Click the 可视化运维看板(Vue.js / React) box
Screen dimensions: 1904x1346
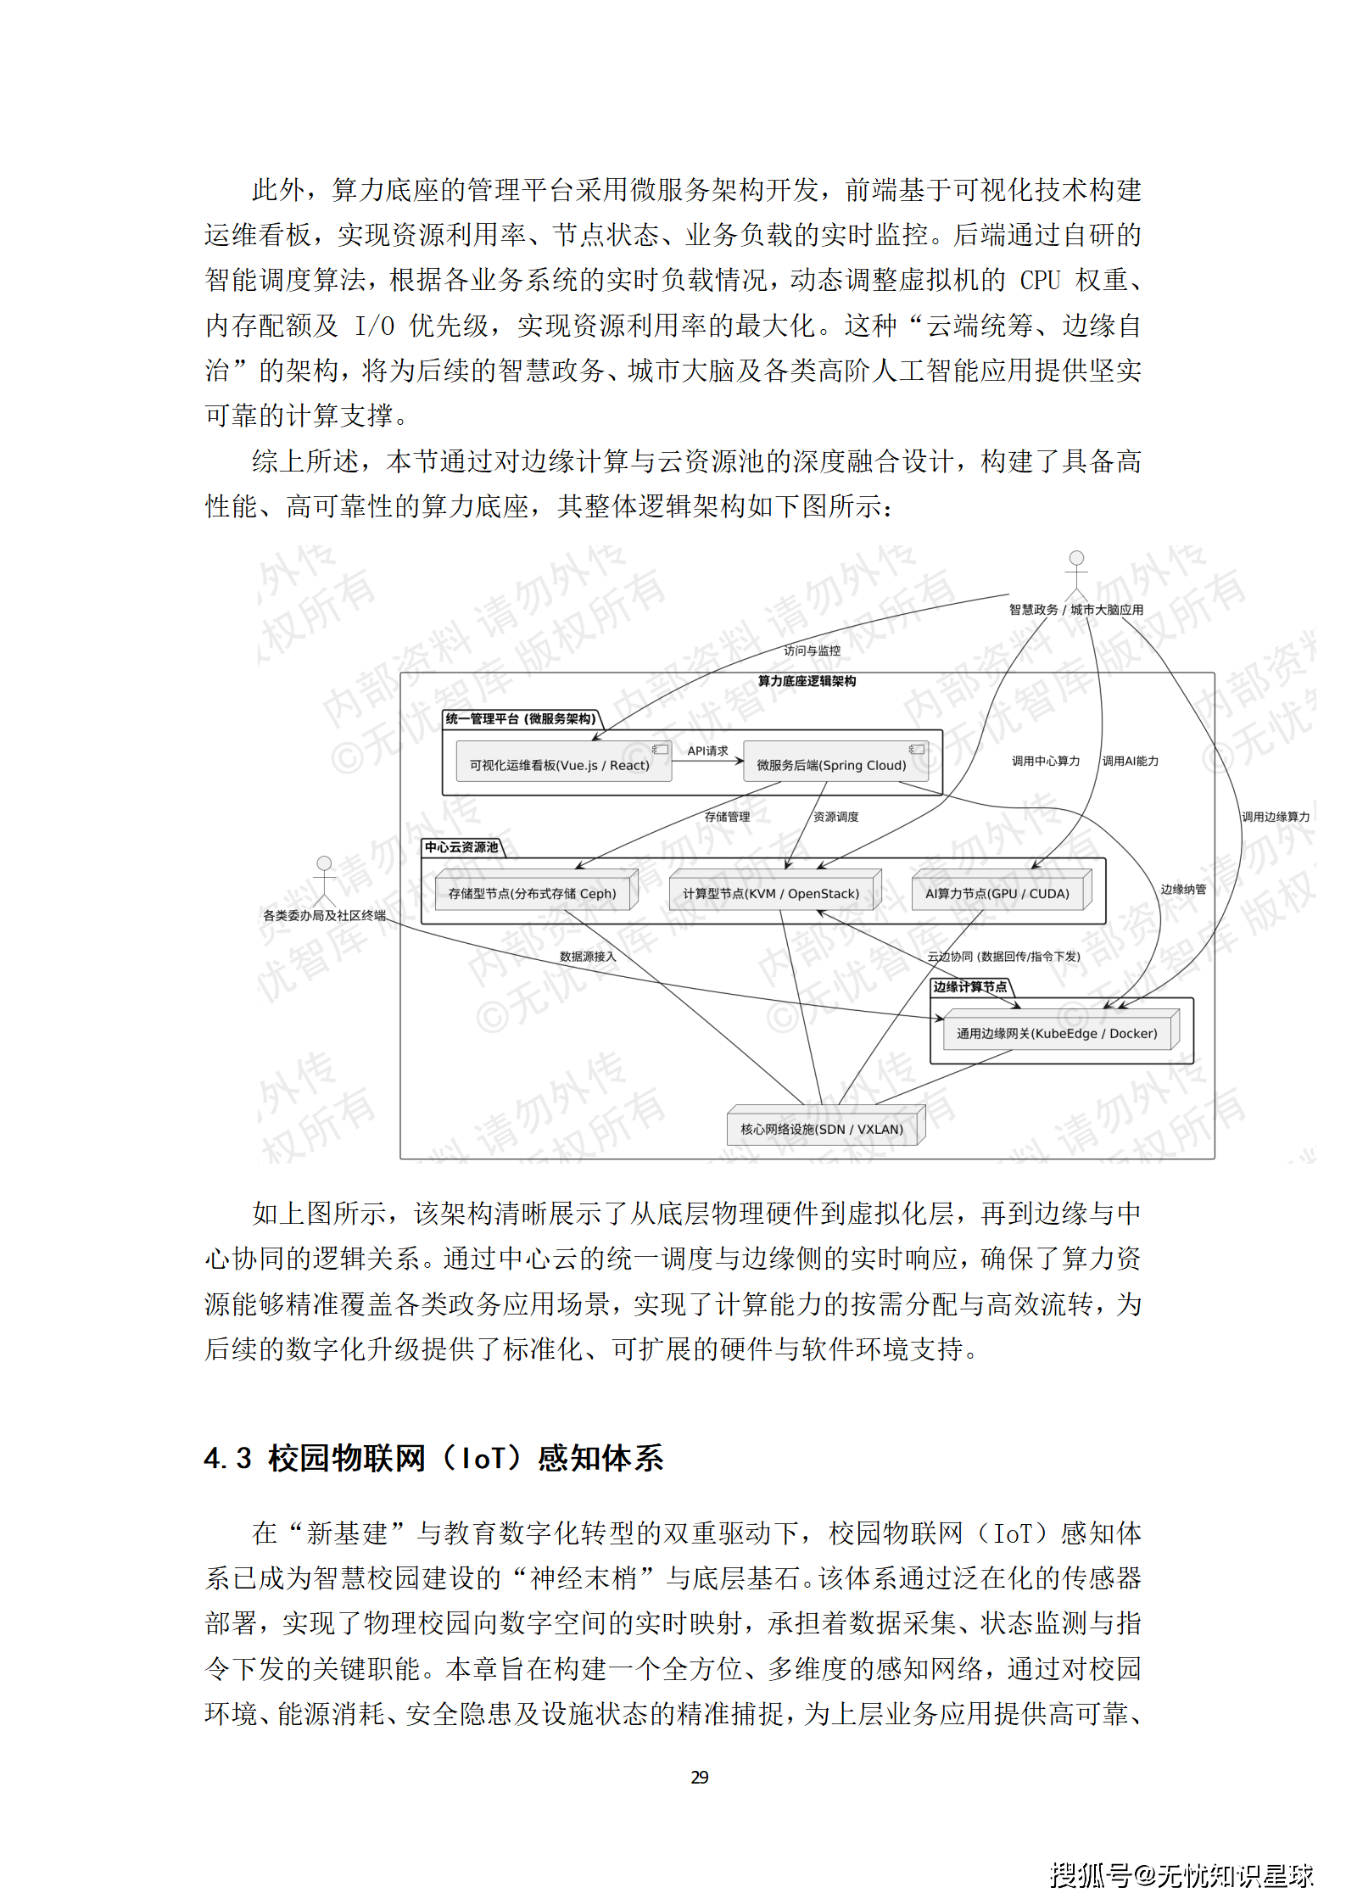point(560,763)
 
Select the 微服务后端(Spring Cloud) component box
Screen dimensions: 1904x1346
point(832,763)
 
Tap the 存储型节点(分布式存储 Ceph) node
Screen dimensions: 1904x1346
point(532,893)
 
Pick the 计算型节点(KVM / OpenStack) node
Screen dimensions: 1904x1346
point(771,893)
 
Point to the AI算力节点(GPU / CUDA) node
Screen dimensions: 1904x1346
point(997,893)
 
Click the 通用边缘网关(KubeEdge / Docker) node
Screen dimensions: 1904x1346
point(1057,1033)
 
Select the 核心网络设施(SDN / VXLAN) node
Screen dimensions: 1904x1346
point(822,1129)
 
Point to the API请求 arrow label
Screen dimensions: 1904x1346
point(707,751)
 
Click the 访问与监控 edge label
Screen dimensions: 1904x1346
point(812,650)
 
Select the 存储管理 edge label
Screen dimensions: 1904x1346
point(727,817)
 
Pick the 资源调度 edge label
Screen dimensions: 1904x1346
point(835,817)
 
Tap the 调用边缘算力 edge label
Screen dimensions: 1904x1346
point(1276,817)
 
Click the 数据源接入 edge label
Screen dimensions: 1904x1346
point(587,957)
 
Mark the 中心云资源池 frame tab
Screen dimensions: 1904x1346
point(461,847)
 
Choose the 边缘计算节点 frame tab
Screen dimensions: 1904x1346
point(970,986)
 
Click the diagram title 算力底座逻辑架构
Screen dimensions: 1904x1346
point(807,681)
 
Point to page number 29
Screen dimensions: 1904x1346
point(700,1777)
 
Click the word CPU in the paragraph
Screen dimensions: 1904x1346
point(1040,280)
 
